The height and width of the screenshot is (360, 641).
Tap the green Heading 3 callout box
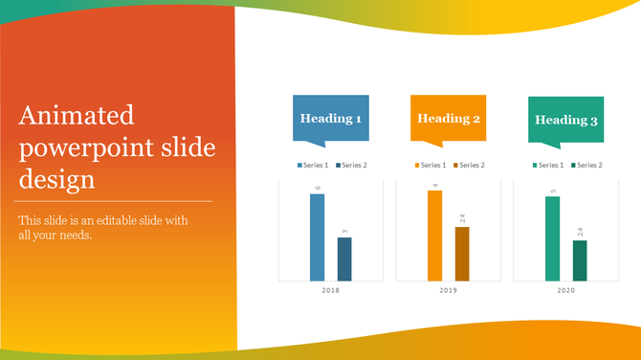click(x=566, y=120)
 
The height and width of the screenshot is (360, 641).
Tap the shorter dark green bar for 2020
click(x=580, y=260)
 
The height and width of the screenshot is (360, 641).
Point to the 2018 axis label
click(x=331, y=290)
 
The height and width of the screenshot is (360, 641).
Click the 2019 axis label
click(x=449, y=290)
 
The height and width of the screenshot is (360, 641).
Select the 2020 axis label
click(x=566, y=290)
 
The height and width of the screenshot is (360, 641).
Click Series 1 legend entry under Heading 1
click(x=312, y=166)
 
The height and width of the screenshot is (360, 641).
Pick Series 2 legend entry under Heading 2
click(x=468, y=166)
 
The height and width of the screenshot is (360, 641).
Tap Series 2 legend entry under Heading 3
click(x=586, y=166)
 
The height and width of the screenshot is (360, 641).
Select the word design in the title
click(x=56, y=179)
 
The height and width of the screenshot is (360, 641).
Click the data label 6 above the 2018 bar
click(x=317, y=188)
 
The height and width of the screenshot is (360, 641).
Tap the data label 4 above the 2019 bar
click(x=434, y=185)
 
